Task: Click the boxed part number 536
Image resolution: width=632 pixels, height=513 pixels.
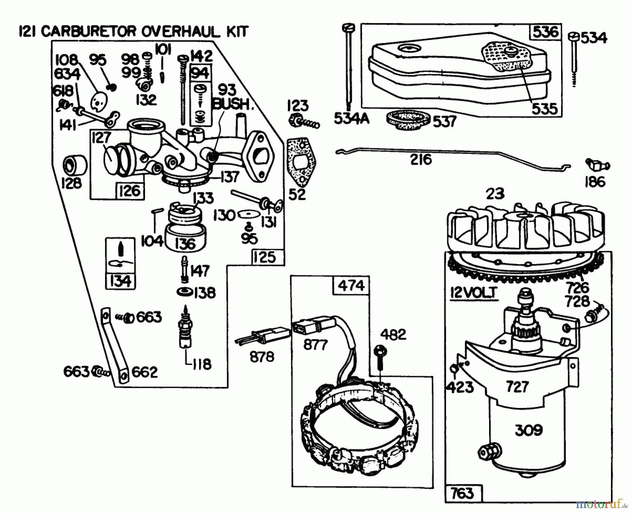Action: coord(545,32)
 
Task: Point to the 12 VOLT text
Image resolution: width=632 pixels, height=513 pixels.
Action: coord(474,292)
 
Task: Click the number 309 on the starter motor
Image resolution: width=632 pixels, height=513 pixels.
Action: coord(528,430)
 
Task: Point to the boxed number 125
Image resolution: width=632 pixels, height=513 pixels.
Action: coord(265,257)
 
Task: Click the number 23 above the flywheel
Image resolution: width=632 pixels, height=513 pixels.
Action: coord(495,193)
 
